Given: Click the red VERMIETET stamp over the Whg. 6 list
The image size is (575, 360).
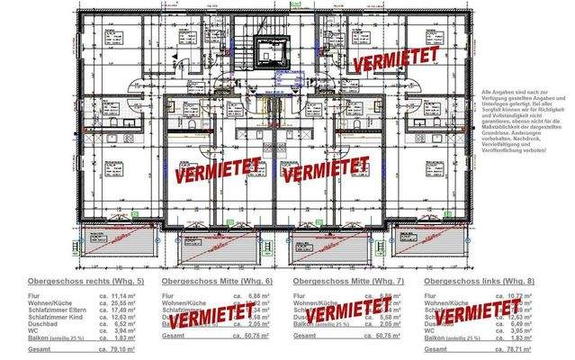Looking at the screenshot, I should [x=212, y=316].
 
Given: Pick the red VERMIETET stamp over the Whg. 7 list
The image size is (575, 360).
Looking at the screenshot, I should [x=347, y=315].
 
